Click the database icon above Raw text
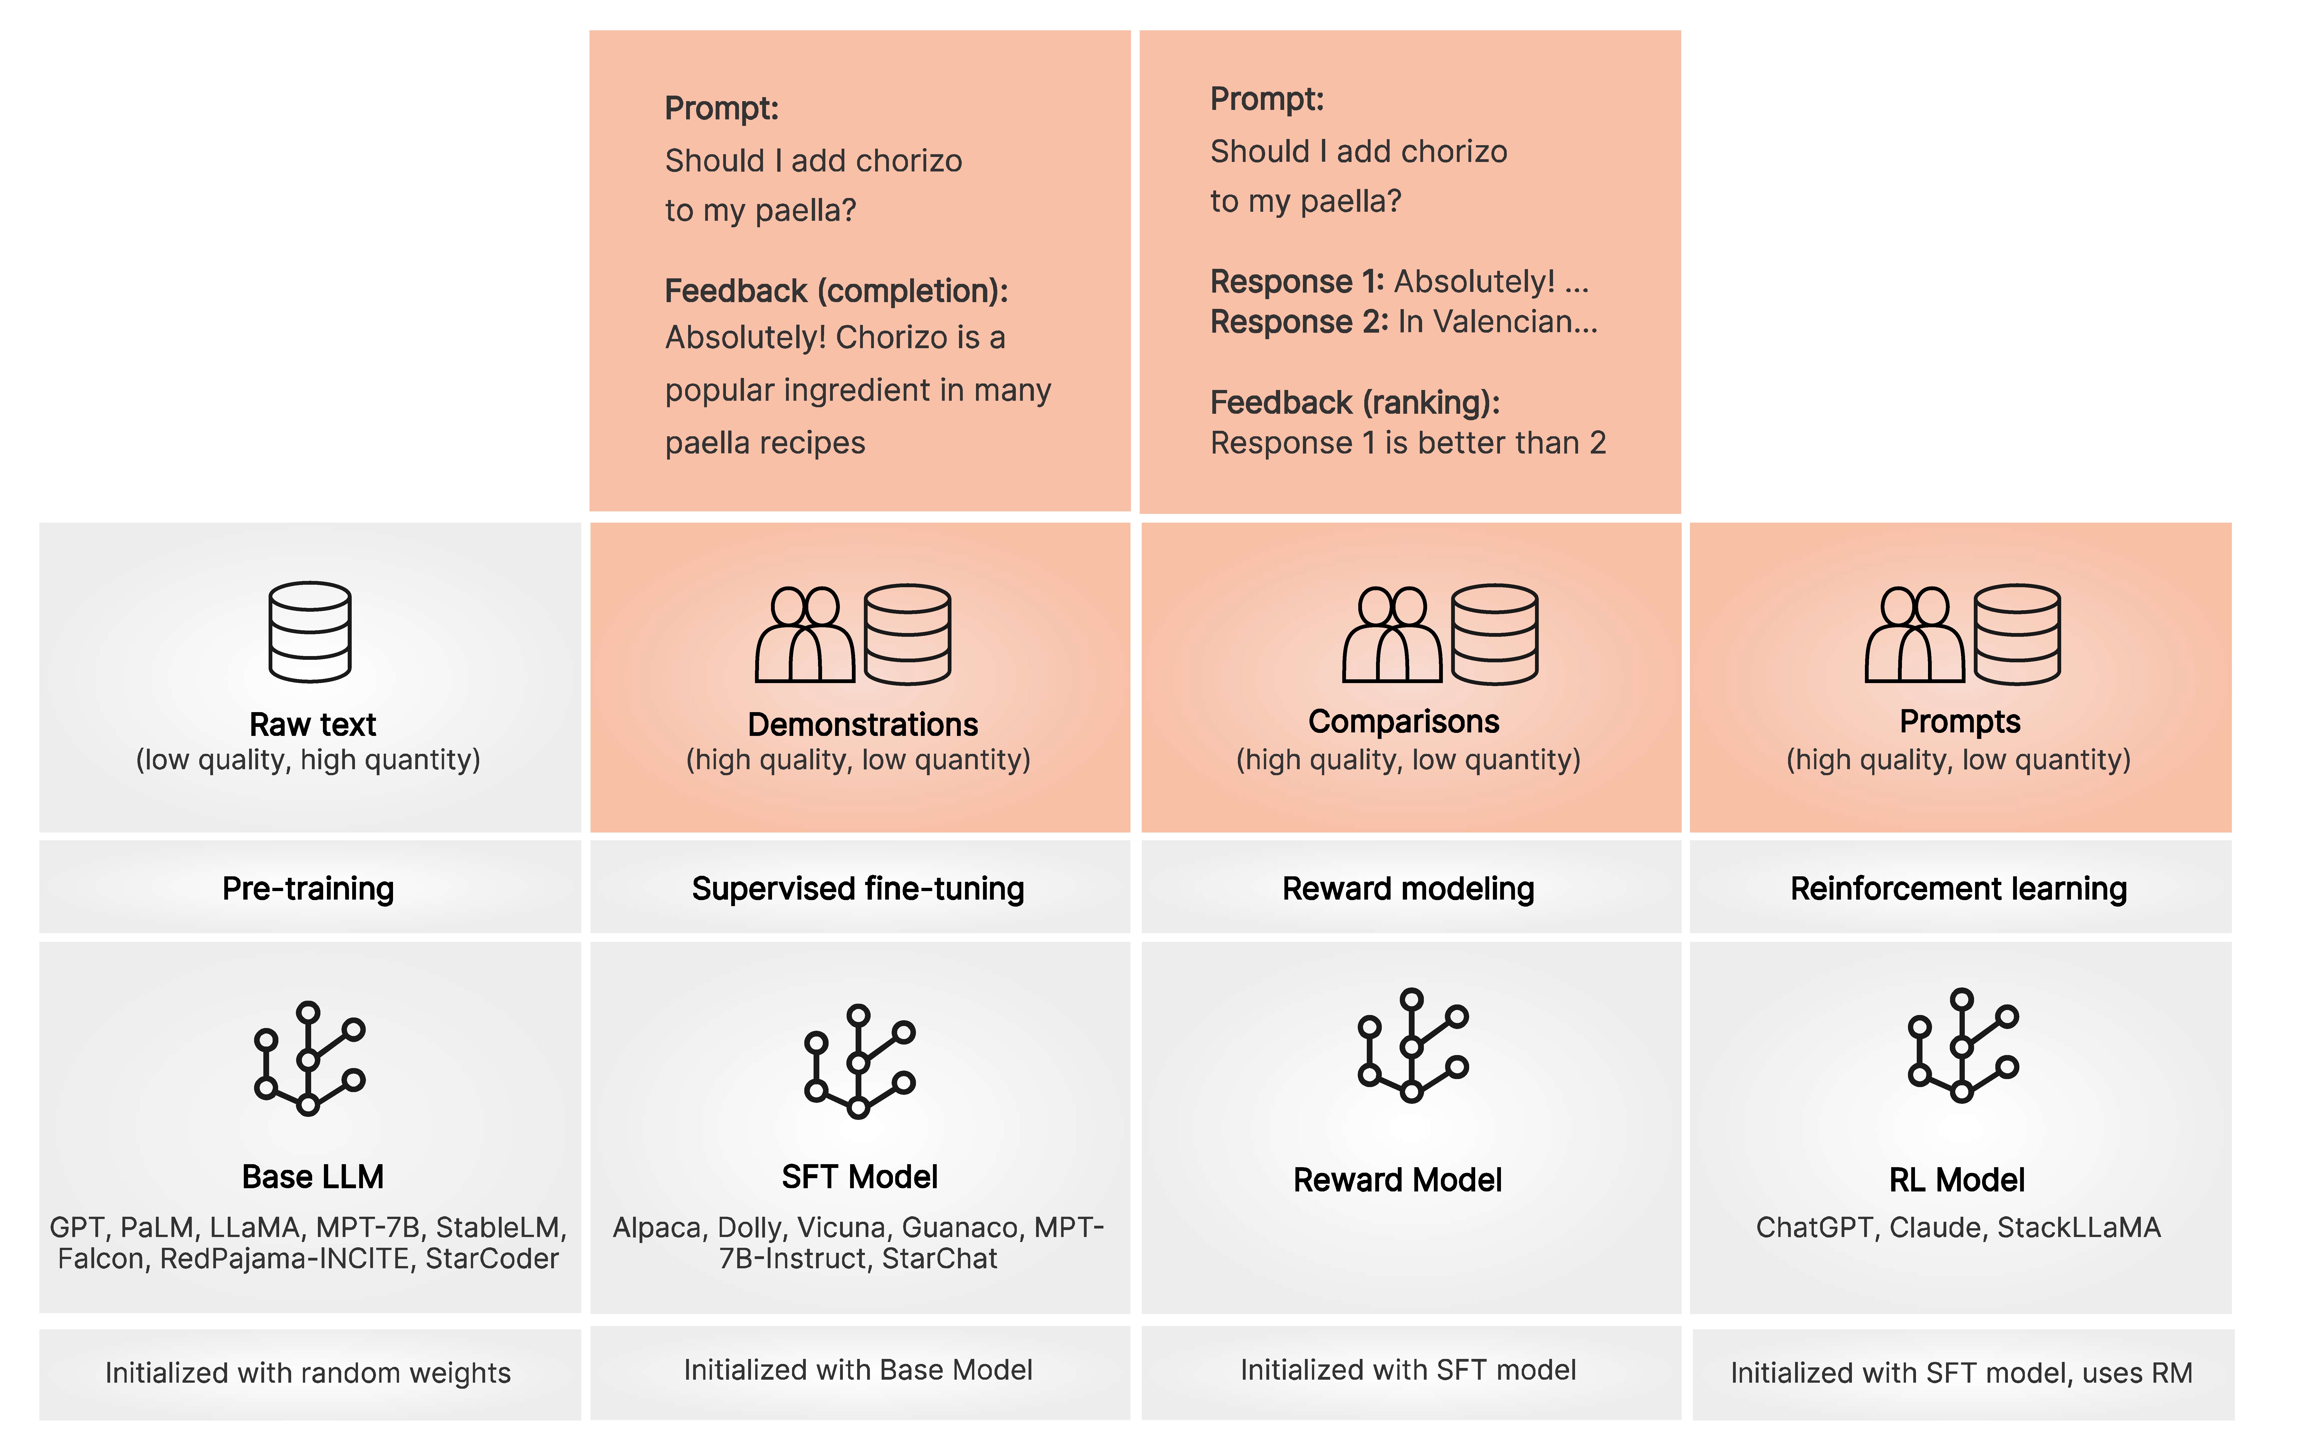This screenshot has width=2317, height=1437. click(x=310, y=632)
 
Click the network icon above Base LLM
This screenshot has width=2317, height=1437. click(x=309, y=1058)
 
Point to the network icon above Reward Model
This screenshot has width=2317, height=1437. click(x=1412, y=1046)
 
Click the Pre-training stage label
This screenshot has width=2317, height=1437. click(x=308, y=889)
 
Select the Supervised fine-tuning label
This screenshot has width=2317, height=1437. click(x=858, y=889)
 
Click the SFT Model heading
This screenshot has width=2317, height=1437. click(x=859, y=1177)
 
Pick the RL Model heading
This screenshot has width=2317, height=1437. click(x=1957, y=1179)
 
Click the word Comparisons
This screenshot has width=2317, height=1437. click(x=1404, y=721)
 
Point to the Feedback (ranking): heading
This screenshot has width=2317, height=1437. click(x=1354, y=403)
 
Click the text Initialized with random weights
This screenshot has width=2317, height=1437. click(x=308, y=1372)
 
